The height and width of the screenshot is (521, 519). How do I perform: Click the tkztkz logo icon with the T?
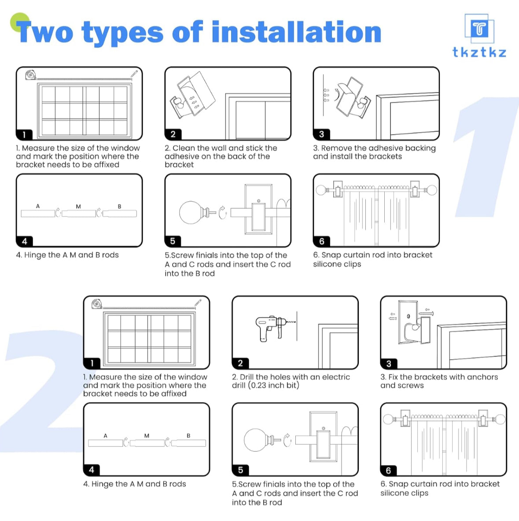(479, 29)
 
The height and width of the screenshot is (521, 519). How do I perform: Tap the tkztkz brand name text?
(479, 52)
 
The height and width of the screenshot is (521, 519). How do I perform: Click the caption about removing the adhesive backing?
(374, 152)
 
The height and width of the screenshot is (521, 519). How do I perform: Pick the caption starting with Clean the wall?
(221, 156)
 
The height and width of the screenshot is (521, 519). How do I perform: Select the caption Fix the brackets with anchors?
(439, 381)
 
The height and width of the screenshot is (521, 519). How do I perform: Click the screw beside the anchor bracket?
(427, 314)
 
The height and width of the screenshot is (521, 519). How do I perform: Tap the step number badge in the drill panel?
(240, 363)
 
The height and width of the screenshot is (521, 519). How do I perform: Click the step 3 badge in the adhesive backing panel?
(321, 134)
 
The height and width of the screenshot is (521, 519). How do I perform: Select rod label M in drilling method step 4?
(147, 436)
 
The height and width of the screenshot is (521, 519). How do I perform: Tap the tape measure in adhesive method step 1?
(30, 75)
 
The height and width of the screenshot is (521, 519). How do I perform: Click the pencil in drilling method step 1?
(198, 303)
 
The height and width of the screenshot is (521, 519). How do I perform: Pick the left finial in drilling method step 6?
(389, 418)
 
